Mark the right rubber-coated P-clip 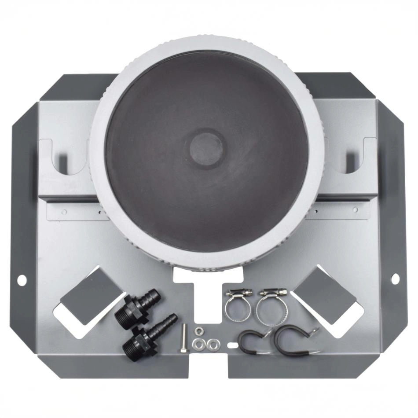[293, 341]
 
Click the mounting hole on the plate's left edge [20, 279]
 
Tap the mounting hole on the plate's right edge [395, 278]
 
